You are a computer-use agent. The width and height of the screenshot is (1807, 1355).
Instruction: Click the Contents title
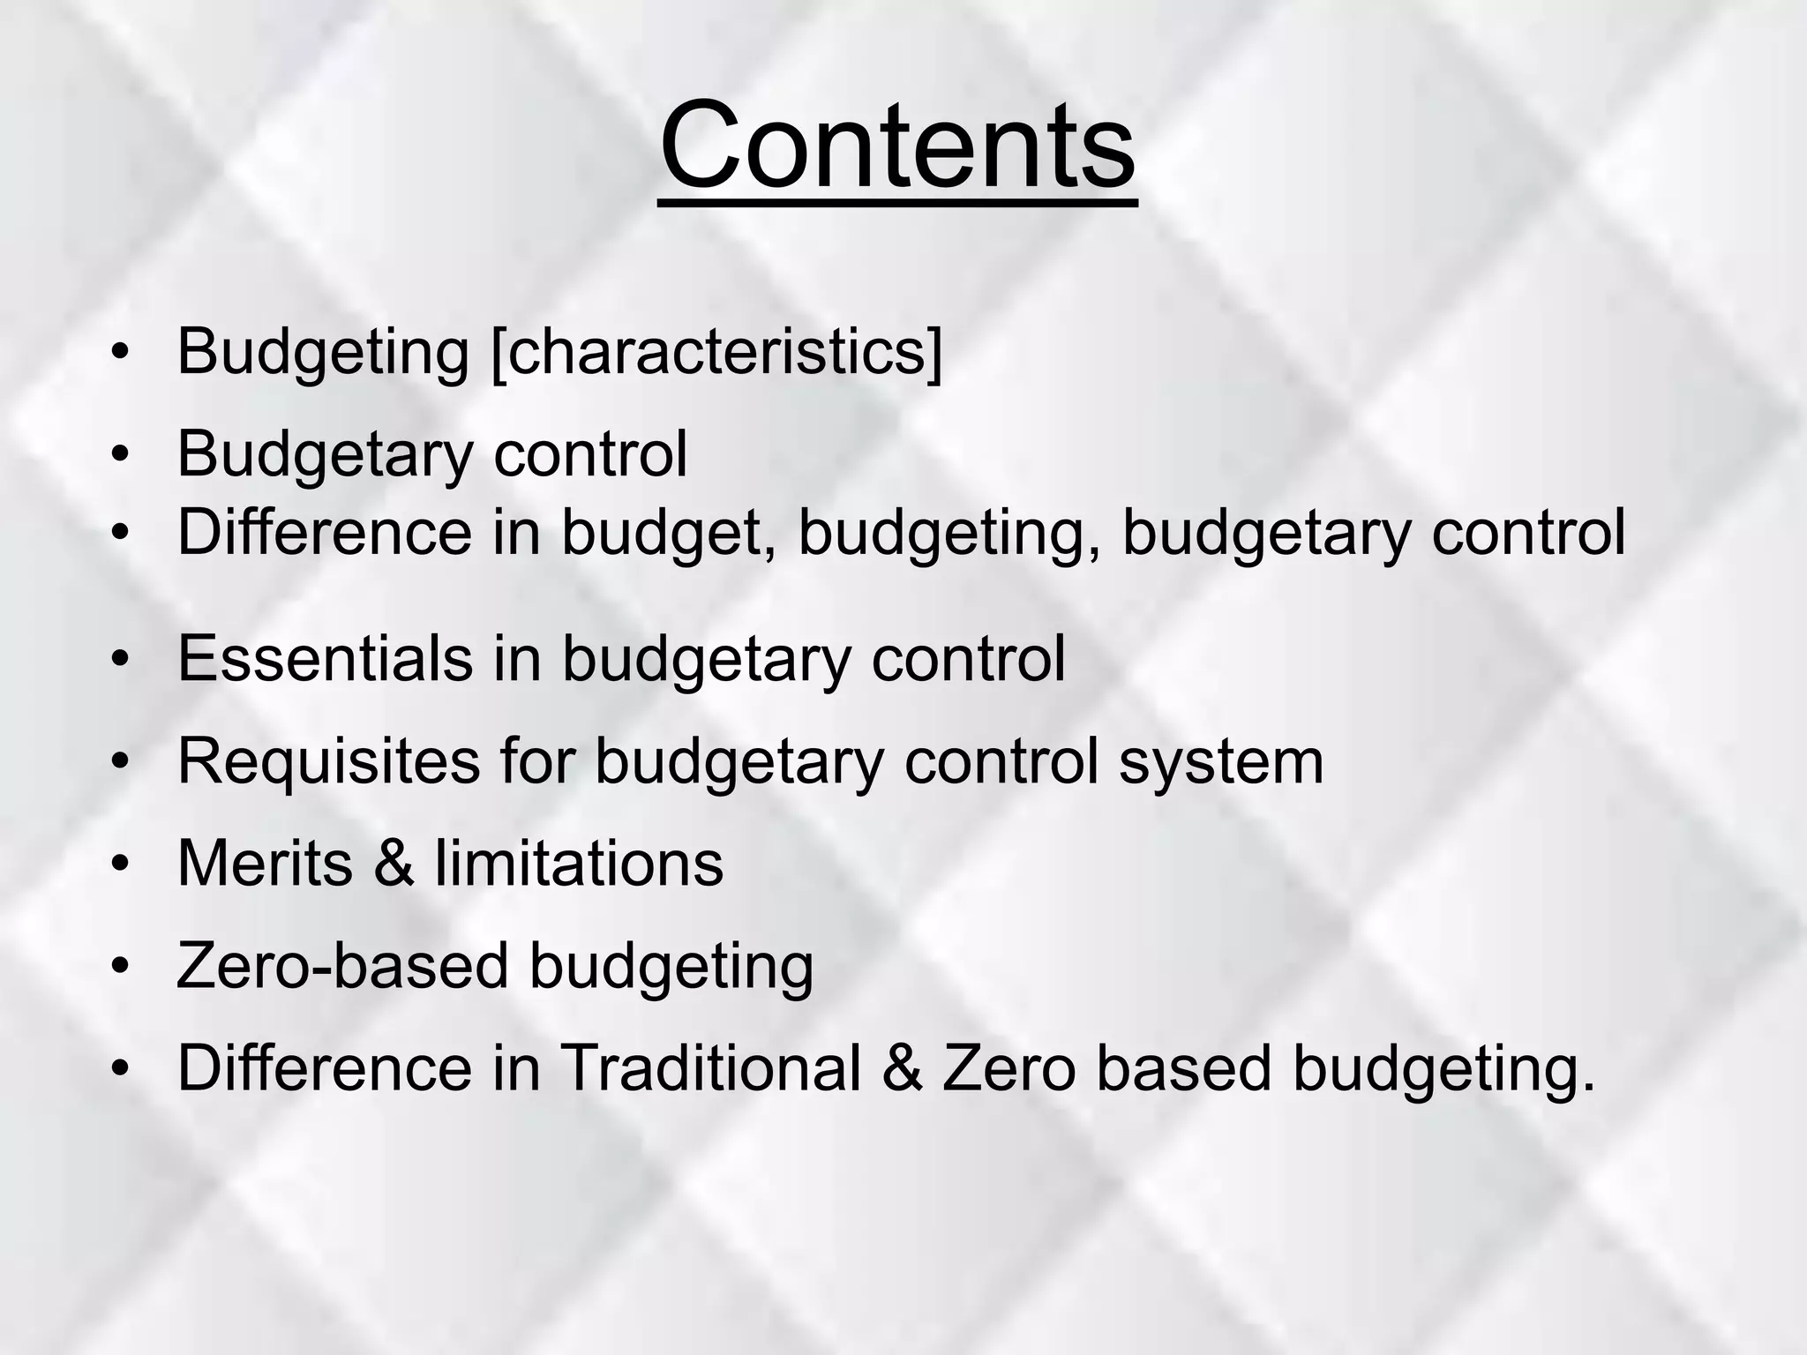(x=897, y=146)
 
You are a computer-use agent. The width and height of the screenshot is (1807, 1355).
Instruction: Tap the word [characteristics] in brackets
(x=716, y=352)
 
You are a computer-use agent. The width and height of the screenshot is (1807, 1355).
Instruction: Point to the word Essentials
(x=325, y=659)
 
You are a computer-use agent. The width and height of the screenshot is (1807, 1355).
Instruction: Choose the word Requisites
(x=328, y=761)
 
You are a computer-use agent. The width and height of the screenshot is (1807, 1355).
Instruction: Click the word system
(x=1221, y=763)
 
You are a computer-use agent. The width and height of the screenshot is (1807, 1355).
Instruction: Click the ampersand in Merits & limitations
(x=394, y=864)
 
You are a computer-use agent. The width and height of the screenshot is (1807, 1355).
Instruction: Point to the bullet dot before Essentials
(x=121, y=661)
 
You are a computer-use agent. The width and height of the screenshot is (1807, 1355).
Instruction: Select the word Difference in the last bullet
(x=325, y=1068)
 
